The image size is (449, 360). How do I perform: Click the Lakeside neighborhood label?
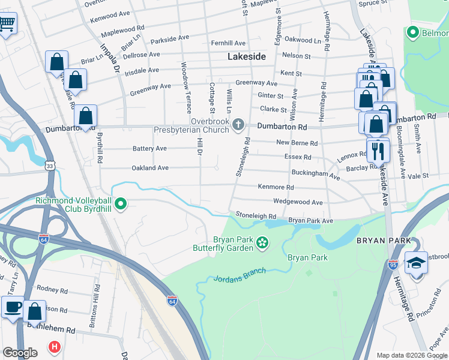click(x=247, y=57)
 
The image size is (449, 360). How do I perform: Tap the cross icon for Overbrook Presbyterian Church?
click(x=238, y=125)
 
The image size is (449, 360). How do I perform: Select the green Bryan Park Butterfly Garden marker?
click(x=262, y=242)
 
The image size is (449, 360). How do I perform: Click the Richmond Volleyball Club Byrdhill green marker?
click(x=121, y=205)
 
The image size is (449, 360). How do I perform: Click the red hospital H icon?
click(x=54, y=347)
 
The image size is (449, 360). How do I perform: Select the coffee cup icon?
click(x=13, y=308)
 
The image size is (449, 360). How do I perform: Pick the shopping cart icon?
click(x=7, y=24)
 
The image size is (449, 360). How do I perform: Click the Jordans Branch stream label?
click(x=240, y=275)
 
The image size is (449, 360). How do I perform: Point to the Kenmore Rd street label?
click(x=276, y=187)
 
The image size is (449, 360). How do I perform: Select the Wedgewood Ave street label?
click(x=298, y=202)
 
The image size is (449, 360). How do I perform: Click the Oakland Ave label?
click(x=150, y=168)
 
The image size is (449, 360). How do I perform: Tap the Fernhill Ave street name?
click(x=228, y=43)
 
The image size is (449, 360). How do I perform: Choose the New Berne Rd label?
click(x=297, y=143)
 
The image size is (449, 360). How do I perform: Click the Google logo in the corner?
click(x=20, y=353)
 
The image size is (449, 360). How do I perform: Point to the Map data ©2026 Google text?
click(x=411, y=355)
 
